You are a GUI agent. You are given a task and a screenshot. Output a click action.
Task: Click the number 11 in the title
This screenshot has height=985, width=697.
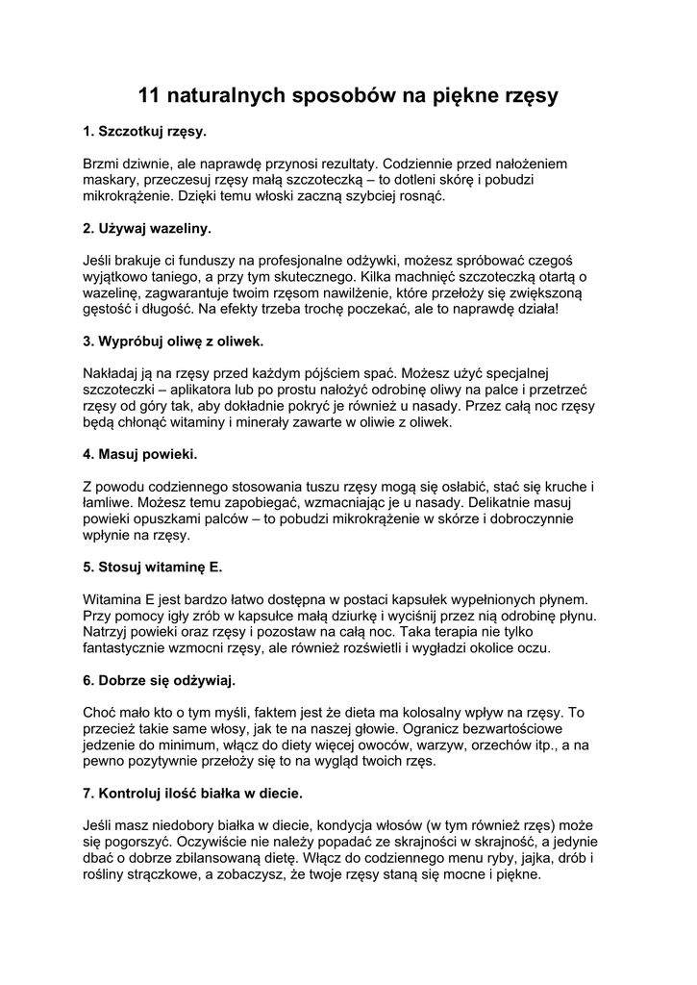click(x=150, y=95)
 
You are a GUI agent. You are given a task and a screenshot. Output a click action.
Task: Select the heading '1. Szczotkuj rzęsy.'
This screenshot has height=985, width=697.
click(x=145, y=131)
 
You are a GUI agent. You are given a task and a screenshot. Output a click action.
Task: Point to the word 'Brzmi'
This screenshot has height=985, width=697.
click(x=103, y=164)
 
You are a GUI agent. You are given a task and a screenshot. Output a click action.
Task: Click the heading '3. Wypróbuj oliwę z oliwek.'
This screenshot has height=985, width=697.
click(x=173, y=341)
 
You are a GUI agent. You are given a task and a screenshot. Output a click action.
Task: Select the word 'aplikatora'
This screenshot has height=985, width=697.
click(x=203, y=390)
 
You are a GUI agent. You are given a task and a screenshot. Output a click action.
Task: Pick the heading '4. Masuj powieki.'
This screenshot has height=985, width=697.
click(x=140, y=454)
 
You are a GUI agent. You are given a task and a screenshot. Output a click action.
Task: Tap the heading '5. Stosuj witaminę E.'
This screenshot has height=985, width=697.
click(x=153, y=568)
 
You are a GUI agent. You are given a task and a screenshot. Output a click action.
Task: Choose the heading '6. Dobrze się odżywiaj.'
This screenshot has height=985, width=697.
click(x=159, y=680)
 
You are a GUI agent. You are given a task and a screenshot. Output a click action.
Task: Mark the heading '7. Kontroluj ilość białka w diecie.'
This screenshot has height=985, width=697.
click(x=193, y=794)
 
